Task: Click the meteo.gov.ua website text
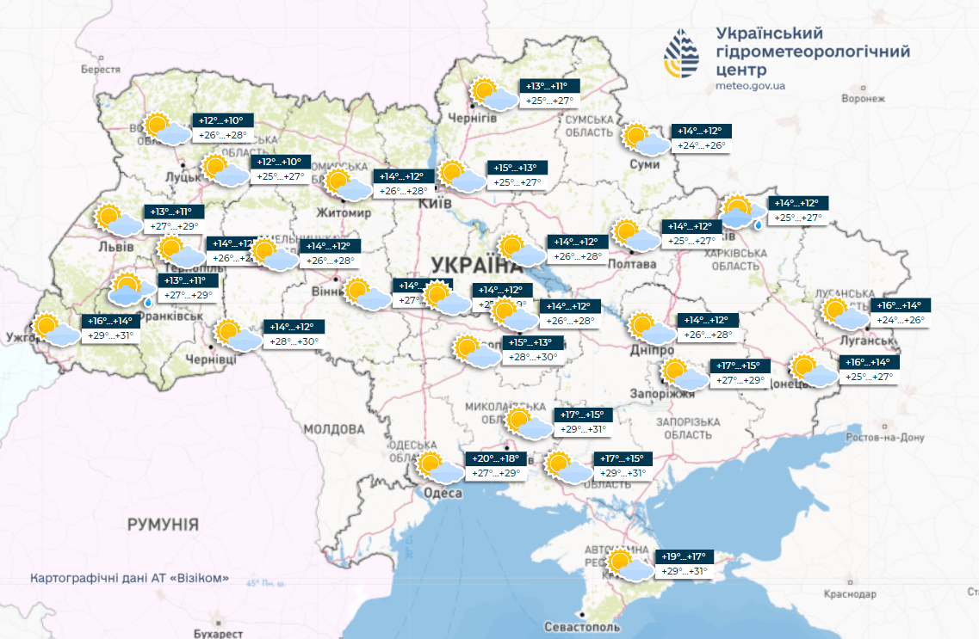coord(750,86)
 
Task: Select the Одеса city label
coord(443,493)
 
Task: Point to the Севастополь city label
coord(582,628)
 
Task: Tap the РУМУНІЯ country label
coord(163,524)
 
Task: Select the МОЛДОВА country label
coord(333,428)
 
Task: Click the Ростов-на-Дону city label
coord(884,438)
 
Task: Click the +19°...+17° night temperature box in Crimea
coord(686,556)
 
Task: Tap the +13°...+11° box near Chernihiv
coord(552,86)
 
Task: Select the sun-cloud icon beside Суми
coord(644,140)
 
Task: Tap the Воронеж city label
coord(864,99)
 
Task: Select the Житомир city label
coord(344,212)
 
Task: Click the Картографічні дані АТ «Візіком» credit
coord(129,578)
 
